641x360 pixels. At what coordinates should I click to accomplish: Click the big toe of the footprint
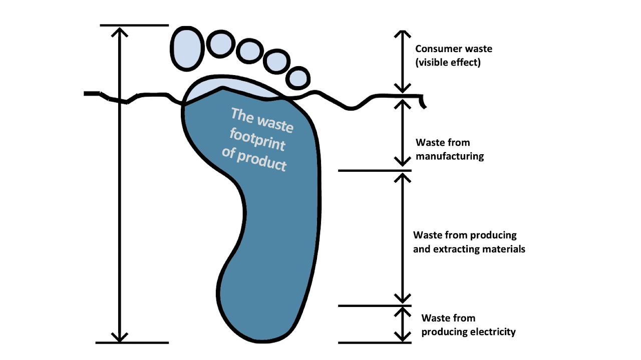coord(187,49)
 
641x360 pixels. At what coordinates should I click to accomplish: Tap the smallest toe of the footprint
coord(298,78)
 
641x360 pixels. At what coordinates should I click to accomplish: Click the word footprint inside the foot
coord(258,141)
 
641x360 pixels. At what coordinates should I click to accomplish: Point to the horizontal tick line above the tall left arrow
coord(134,25)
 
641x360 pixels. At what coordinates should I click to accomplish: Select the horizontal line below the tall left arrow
coord(132,342)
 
